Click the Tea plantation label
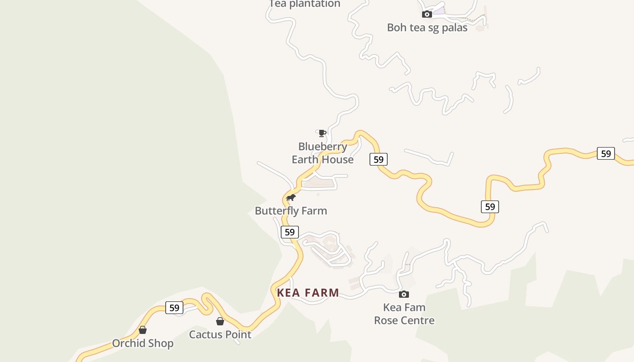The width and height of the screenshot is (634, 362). [304, 4]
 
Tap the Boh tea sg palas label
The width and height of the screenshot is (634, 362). [427, 28]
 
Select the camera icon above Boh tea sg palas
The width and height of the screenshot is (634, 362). [427, 14]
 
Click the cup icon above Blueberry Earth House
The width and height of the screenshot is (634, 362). [322, 133]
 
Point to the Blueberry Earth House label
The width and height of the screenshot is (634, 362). [322, 153]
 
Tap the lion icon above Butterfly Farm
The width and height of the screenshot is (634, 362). [291, 198]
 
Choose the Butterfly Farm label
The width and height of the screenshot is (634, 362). [291, 211]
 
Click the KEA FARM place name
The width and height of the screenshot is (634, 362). [308, 293]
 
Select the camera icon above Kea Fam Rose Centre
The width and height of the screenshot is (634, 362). [404, 295]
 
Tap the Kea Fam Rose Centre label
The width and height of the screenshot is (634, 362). [404, 314]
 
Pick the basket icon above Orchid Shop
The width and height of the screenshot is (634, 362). [143, 330]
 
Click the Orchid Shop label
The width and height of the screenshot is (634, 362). [143, 343]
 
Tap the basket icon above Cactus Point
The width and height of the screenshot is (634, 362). [220, 322]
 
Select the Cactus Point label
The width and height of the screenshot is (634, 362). [220, 335]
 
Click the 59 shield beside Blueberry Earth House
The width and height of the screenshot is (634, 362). [379, 159]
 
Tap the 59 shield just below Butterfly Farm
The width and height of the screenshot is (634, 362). [290, 233]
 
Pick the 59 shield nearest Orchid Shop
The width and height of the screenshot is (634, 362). [174, 308]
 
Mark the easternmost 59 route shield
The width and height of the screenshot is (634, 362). [606, 154]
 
